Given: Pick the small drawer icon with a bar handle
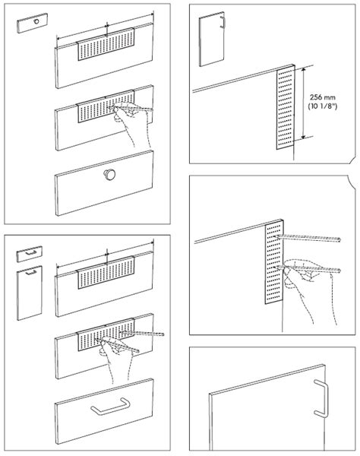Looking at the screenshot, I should (27, 255).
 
